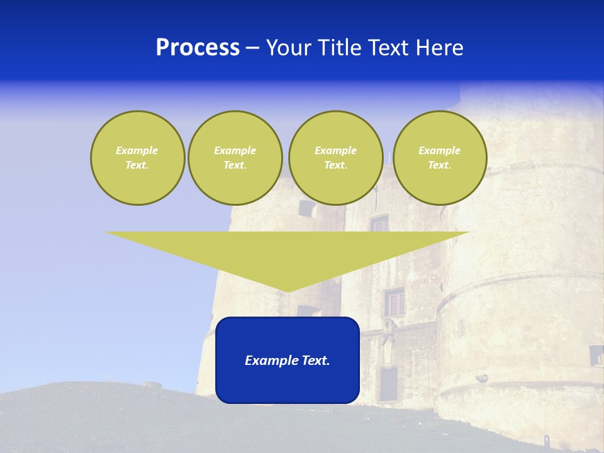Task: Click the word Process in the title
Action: [x=198, y=48]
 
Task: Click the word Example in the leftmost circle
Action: [x=137, y=150]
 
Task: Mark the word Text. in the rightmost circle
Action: [x=439, y=165]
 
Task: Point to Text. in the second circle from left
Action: [x=235, y=165]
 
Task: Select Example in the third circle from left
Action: [x=335, y=150]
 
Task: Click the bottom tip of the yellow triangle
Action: [x=288, y=290]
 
